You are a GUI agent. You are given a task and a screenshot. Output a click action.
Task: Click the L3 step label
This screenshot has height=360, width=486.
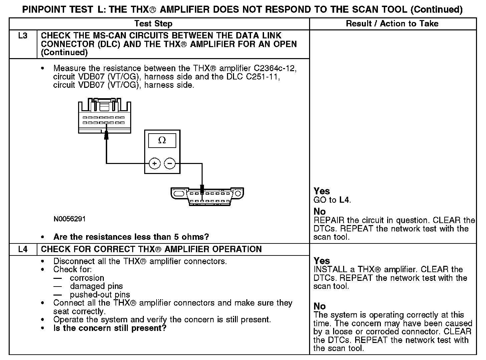(23, 35)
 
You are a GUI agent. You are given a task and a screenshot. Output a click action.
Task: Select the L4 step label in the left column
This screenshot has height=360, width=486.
(23, 249)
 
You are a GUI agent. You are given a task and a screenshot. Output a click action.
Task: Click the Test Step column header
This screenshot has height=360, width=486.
(153, 24)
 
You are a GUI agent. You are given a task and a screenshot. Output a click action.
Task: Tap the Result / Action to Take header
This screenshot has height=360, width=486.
(392, 24)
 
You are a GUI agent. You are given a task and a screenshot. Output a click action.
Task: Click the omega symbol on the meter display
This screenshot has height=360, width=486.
(162, 141)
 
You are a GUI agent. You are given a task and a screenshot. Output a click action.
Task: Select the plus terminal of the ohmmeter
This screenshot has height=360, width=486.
(155, 163)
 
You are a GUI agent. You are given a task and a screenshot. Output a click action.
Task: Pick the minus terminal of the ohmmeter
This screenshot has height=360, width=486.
(170, 163)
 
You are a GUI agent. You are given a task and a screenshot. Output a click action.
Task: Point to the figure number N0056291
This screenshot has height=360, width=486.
(69, 219)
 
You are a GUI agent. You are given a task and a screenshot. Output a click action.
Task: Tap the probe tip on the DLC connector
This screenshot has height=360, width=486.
(202, 190)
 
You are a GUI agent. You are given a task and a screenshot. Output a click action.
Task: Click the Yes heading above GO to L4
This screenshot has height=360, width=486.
(322, 191)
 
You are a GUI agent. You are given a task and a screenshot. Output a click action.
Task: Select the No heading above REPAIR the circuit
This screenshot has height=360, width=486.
(319, 212)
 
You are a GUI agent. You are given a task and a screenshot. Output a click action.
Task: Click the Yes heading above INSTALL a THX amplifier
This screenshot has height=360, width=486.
(322, 261)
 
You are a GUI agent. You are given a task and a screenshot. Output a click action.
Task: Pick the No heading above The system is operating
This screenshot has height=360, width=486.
(319, 306)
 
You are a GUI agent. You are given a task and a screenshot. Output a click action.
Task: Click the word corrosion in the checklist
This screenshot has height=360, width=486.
(87, 278)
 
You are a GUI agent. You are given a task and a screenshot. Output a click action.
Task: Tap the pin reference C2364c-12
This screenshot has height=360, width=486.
(275, 68)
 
